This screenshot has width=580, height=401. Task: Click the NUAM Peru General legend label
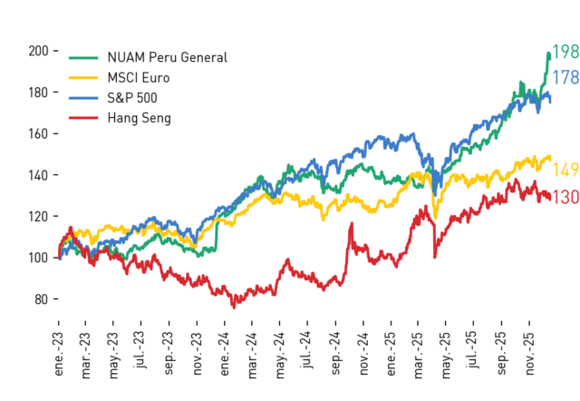(167, 57)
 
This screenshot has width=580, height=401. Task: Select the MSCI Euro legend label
(139, 78)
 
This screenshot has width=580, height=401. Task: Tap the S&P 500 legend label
(132, 98)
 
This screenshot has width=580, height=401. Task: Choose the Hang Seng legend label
(139, 118)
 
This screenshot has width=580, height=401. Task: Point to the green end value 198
(565, 52)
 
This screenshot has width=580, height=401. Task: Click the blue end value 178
(565, 77)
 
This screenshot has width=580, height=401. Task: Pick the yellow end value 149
(565, 170)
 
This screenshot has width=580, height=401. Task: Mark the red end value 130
(565, 197)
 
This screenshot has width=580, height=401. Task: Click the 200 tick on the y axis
(38, 51)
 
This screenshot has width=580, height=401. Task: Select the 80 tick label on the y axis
(42, 299)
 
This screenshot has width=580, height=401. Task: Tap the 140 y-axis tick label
(38, 175)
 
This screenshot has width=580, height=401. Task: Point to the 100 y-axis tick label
(38, 258)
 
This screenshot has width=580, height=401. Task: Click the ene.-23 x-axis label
(59, 355)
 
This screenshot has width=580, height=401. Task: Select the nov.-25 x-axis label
(529, 354)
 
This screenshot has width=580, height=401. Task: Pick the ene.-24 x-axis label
(225, 355)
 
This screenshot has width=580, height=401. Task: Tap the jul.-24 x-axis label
(307, 350)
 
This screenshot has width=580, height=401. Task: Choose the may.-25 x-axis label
(446, 356)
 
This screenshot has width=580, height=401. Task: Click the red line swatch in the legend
(83, 118)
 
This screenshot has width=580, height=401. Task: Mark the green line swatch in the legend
(83, 58)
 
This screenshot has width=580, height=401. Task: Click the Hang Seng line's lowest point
(234, 308)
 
